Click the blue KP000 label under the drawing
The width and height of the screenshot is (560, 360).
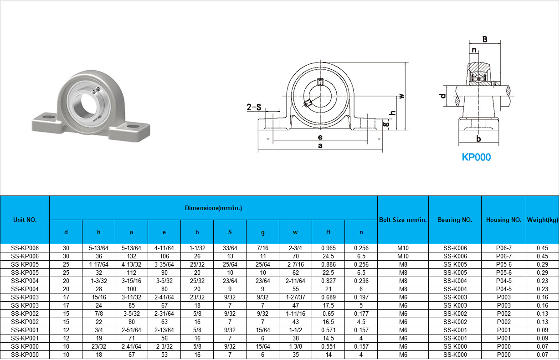[476, 157]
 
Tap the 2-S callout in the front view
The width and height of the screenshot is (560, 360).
[254, 107]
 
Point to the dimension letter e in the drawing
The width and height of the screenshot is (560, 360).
[320, 137]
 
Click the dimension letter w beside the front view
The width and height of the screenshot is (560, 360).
[401, 96]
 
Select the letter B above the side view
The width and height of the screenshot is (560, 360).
[485, 39]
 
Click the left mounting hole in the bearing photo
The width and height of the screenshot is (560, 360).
[48, 117]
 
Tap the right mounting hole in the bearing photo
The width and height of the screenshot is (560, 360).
[133, 126]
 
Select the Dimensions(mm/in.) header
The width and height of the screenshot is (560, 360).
[214, 208]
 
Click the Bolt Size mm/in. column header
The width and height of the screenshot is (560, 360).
[403, 220]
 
